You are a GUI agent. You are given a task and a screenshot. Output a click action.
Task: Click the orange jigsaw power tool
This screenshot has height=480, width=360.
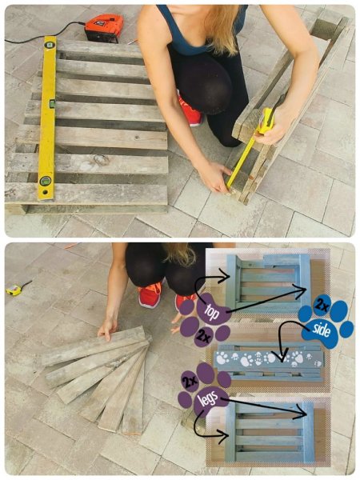point(103,27)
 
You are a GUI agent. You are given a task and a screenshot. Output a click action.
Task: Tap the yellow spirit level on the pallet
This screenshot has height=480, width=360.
point(48,118)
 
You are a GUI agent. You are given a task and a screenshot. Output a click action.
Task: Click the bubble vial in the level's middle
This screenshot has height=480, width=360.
point(52,103)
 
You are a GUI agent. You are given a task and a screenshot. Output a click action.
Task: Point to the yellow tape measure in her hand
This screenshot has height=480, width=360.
point(266,122)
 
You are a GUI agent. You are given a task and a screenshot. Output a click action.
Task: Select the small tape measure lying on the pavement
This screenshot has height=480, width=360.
point(14,290)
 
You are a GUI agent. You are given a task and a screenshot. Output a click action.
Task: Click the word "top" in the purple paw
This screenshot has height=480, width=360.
point(211,311)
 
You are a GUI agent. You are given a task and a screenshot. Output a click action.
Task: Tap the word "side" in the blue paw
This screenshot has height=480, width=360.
point(321,330)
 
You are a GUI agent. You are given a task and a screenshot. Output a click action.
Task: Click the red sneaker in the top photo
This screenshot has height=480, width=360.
point(190,111)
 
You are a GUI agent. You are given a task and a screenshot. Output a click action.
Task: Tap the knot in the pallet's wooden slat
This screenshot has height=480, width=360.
point(102,160)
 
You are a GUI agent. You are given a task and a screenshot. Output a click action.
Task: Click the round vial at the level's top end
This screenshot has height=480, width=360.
point(49,46)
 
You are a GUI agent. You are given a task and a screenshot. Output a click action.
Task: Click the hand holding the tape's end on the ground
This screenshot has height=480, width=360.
point(217,178)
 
